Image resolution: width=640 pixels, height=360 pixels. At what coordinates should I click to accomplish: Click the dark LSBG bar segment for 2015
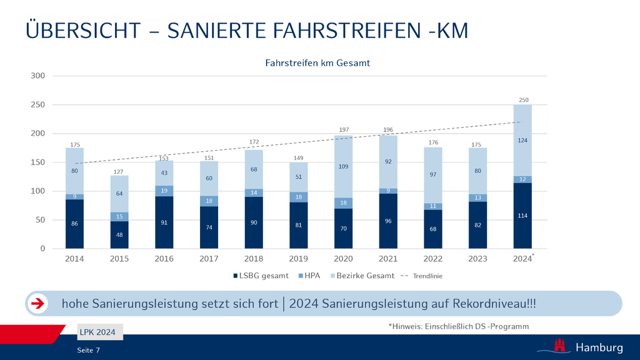tap(119, 234)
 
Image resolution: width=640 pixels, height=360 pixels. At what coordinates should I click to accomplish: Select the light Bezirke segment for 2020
tap(344, 167)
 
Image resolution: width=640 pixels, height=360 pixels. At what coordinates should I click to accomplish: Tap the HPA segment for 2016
tap(164, 191)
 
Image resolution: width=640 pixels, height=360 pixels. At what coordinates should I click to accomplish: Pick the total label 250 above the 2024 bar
tap(523, 100)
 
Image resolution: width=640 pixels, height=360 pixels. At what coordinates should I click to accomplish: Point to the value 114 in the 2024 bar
tap(523, 216)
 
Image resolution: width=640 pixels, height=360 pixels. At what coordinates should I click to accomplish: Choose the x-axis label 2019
tap(299, 259)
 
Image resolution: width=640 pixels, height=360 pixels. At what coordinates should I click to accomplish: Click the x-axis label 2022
tap(433, 259)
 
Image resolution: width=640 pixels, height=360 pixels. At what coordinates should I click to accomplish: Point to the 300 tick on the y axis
tap(39, 76)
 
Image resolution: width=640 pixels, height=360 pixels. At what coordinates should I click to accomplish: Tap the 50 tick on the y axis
tap(41, 220)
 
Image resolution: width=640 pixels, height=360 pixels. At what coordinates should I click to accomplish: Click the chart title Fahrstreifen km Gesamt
tap(317, 63)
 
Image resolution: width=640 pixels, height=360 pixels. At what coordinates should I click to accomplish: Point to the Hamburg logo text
tap(599, 347)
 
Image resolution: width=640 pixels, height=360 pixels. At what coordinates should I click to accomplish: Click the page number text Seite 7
tap(88, 349)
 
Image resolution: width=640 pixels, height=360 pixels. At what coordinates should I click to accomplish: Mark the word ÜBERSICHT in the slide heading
tap(83, 30)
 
